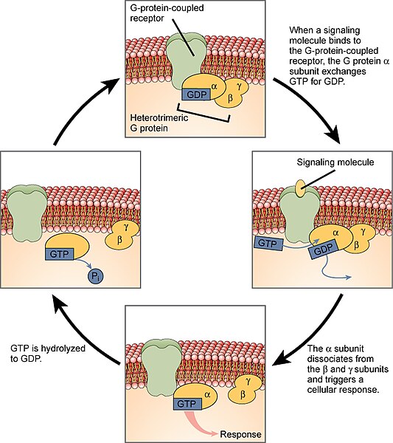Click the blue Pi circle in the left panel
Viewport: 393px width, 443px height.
(96, 275)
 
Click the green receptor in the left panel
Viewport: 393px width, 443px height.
(27, 210)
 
